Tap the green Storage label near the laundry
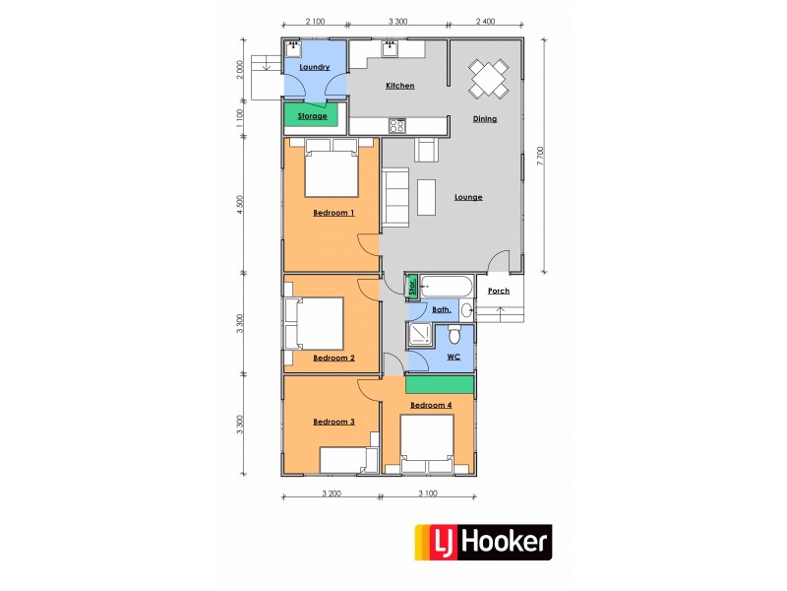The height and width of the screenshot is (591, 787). pyautogui.click(x=312, y=116)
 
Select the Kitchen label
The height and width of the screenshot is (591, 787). pyautogui.click(x=399, y=86)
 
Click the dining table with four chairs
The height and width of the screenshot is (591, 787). pyautogui.click(x=489, y=79)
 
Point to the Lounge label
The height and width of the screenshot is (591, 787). pyautogui.click(x=468, y=197)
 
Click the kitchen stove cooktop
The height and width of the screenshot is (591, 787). pyautogui.click(x=397, y=125)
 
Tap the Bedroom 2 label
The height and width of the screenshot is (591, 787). pyautogui.click(x=333, y=358)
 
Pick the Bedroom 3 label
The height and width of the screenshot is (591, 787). pyautogui.click(x=333, y=422)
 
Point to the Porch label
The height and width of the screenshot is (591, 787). pyautogui.click(x=499, y=292)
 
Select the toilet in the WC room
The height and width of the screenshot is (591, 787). pyautogui.click(x=442, y=335)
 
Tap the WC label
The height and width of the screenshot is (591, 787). pyautogui.click(x=454, y=357)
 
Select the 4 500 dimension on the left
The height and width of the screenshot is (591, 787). pyautogui.click(x=240, y=205)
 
